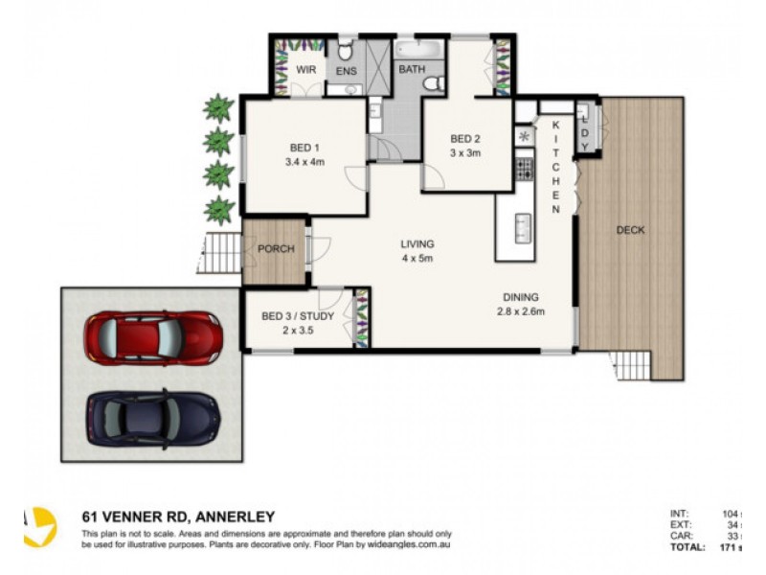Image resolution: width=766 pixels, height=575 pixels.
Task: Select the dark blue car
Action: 153,415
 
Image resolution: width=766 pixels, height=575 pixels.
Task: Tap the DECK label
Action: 630,230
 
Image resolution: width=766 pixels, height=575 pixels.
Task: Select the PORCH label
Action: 276,250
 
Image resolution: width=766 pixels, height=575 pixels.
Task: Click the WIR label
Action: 305,70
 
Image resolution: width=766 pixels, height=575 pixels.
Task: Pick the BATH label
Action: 412,70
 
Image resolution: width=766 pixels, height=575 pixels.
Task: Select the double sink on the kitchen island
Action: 523,226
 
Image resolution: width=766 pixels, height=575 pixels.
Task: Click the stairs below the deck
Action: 630,365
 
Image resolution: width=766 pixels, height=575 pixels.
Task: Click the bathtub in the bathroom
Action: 418,48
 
